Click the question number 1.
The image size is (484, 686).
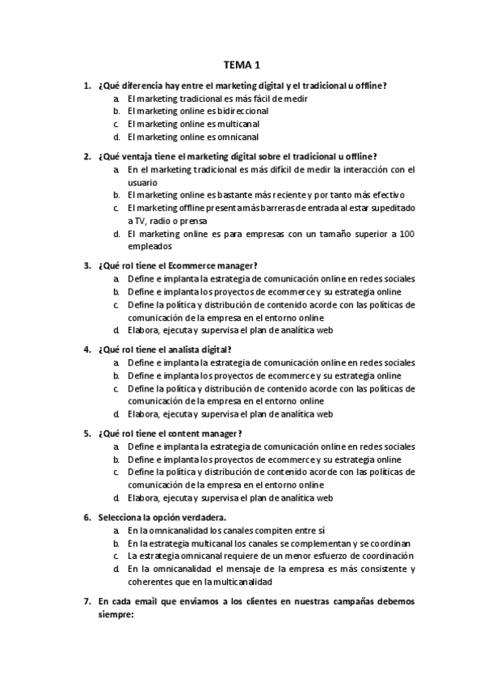tap(86, 85)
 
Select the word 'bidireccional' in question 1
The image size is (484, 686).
tap(243, 111)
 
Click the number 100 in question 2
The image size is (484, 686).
tap(406, 235)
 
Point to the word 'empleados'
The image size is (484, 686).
tap(149, 248)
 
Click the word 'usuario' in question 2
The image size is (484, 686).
tap(143, 182)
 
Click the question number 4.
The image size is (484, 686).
tap(86, 349)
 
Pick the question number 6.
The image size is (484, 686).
tap(86, 516)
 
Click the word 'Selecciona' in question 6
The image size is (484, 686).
tap(120, 516)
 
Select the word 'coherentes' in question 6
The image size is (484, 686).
tap(151, 582)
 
